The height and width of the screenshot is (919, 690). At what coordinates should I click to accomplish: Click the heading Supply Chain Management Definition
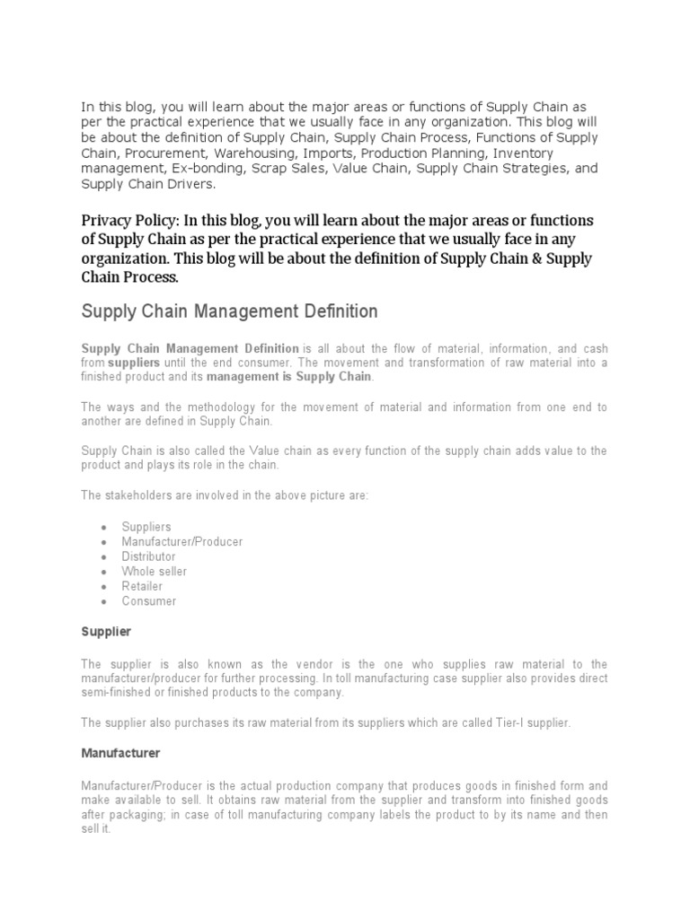[x=229, y=311]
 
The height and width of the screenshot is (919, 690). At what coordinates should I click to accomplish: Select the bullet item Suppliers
[x=146, y=527]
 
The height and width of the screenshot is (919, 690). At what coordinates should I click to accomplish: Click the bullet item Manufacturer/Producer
[x=182, y=542]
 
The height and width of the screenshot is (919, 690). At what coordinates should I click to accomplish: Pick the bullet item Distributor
[x=149, y=556]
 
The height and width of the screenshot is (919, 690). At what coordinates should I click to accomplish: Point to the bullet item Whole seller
[x=155, y=572]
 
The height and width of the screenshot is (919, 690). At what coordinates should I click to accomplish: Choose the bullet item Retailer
[x=143, y=586]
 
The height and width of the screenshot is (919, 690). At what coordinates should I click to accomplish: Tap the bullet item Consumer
[x=148, y=601]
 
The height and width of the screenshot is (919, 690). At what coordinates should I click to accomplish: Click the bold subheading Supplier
[x=106, y=632]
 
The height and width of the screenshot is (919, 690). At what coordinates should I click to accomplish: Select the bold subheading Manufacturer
[x=120, y=753]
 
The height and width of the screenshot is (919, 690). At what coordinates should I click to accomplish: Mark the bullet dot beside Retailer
[x=106, y=587]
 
